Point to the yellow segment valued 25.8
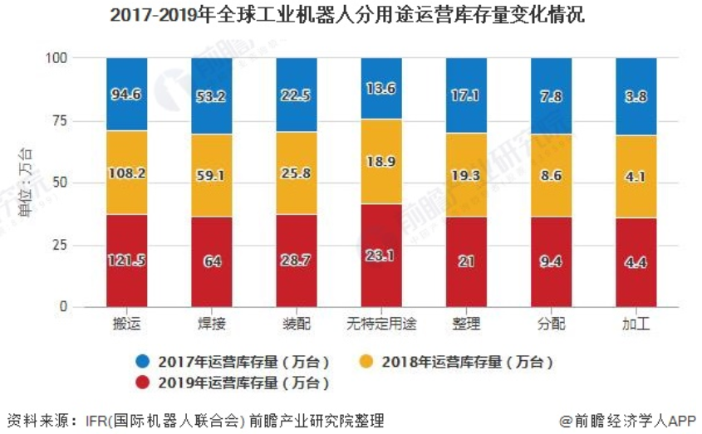pos(297,173)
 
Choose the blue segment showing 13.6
pos(381,89)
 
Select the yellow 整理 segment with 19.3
pos(466,175)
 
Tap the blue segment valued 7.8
pos(551,96)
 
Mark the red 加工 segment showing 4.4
pos(636,262)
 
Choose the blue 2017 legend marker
pos(143,362)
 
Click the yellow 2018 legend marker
pos(366,362)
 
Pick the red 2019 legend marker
pos(143,383)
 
